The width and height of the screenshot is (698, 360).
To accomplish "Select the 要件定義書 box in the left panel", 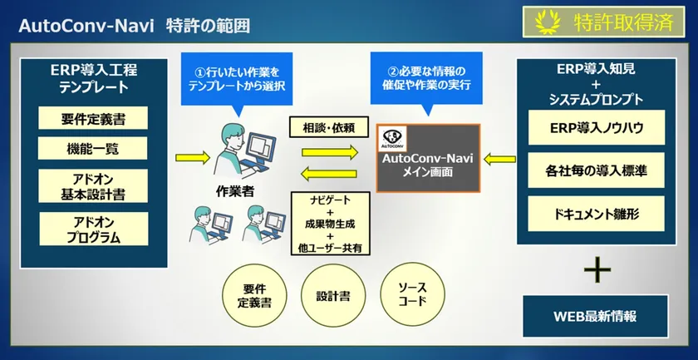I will pos(93,118).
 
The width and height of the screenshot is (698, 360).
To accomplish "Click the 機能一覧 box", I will pos(93,149).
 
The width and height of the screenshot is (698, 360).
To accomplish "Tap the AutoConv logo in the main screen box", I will pos(391,136).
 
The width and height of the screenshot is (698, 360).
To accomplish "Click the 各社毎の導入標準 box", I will pos(597,173).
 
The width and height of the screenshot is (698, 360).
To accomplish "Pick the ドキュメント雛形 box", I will pos(597,215).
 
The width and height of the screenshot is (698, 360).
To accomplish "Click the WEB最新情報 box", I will pos(595,317).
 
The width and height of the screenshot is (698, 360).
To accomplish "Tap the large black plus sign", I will pos(597,269).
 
